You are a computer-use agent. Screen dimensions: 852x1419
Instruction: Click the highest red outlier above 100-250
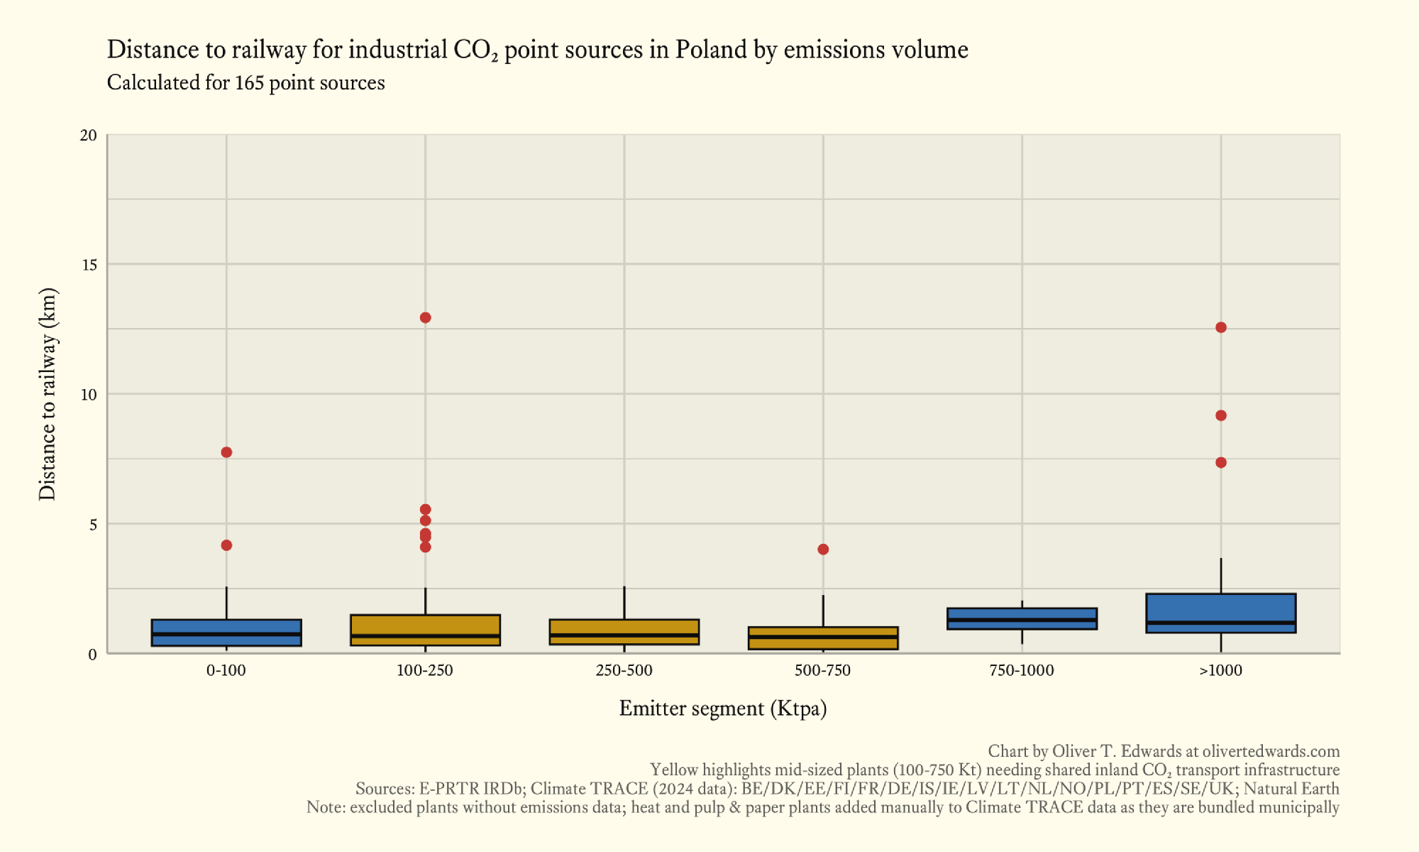click(x=425, y=317)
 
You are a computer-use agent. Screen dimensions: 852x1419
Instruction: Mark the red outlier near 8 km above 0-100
click(x=226, y=452)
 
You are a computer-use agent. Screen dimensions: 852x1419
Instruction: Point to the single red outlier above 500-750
click(x=823, y=550)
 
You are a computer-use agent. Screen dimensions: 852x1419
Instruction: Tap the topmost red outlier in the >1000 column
click(x=1220, y=327)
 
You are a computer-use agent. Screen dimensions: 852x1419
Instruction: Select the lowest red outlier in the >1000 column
click(x=1220, y=463)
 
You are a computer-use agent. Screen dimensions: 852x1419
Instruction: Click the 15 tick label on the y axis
click(x=88, y=265)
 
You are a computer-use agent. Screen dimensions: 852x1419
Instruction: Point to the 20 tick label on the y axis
click(x=88, y=135)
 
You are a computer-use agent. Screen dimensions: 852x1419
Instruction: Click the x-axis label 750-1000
click(x=1022, y=671)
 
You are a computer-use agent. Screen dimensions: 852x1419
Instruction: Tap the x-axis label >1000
click(x=1220, y=671)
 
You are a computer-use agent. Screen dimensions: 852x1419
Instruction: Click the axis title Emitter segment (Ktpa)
click(x=723, y=709)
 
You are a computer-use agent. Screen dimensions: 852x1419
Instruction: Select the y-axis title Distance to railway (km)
click(x=47, y=394)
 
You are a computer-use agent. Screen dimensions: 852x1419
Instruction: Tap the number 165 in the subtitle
click(x=249, y=83)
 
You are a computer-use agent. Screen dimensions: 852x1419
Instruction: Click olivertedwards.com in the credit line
click(x=1271, y=751)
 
